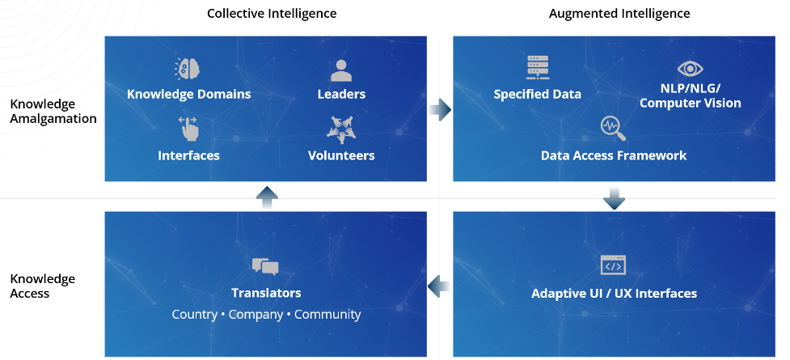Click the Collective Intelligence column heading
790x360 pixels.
[x=272, y=13]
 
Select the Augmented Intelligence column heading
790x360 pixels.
[x=619, y=13]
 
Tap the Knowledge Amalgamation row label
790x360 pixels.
[x=53, y=112]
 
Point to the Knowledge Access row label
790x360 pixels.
[x=42, y=286]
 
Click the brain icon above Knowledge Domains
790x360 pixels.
[x=188, y=69]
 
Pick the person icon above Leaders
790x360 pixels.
[x=341, y=70]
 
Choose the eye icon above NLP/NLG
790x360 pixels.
[x=691, y=69]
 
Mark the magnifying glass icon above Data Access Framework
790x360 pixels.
[x=613, y=129]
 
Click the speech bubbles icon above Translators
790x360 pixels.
[x=265, y=266]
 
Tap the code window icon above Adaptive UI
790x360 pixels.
[x=613, y=265]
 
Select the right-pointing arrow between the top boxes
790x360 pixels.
[x=440, y=109]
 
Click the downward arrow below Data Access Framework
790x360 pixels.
[x=614, y=198]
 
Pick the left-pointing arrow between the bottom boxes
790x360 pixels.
[x=439, y=286]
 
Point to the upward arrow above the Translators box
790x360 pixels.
[x=267, y=198]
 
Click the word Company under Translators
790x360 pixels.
[x=256, y=315]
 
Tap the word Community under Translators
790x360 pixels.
[x=327, y=315]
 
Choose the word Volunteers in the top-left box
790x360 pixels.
[x=341, y=155]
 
